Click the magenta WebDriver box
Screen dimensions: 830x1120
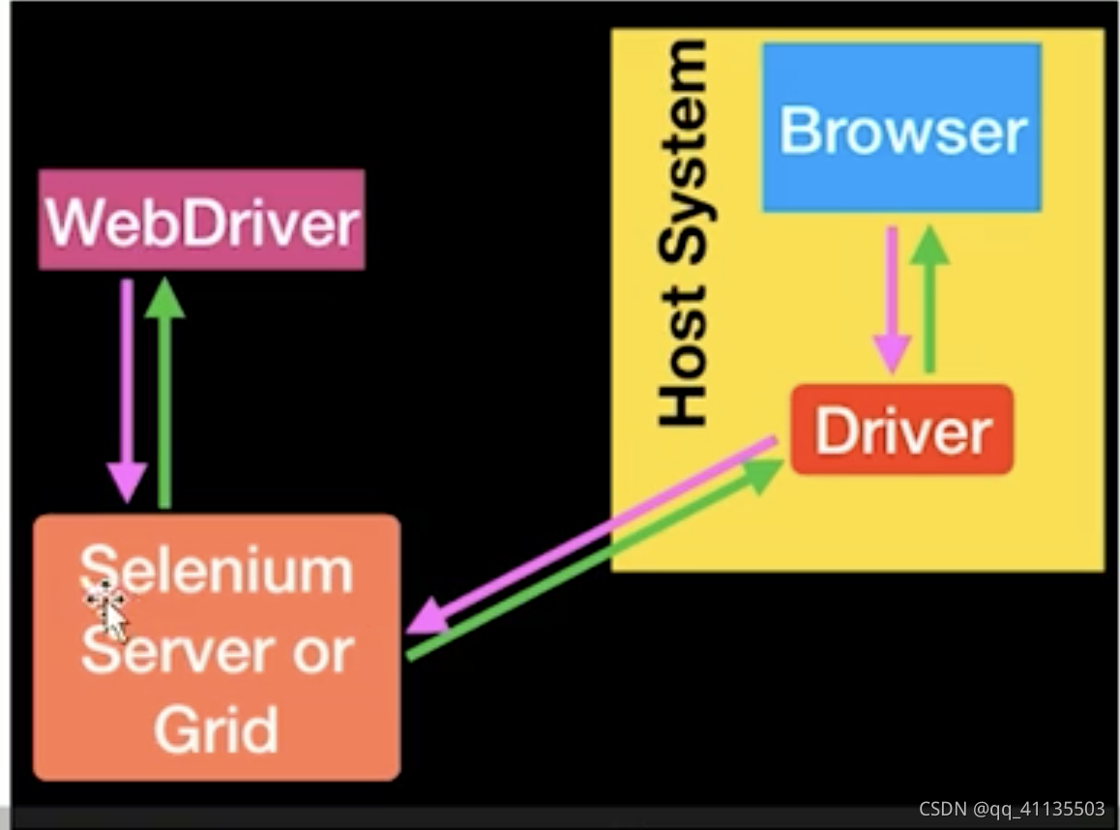point(201,221)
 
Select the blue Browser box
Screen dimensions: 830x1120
point(901,128)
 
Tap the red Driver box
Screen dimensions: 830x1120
point(901,430)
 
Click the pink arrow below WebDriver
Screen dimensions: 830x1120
point(127,387)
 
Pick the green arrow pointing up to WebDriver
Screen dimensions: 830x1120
point(164,387)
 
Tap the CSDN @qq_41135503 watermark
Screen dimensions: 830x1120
point(1012,809)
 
